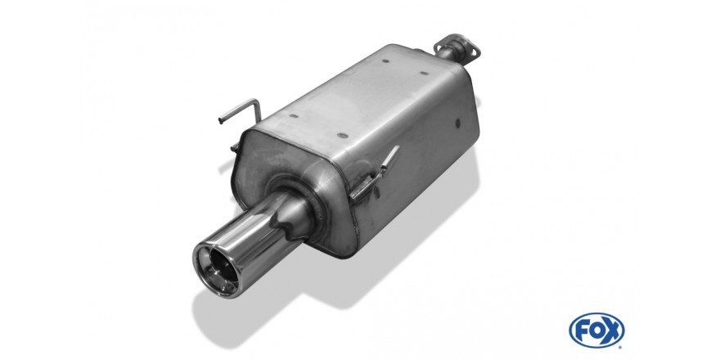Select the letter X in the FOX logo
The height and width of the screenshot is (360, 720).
(613, 330)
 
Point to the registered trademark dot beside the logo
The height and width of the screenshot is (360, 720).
(621, 347)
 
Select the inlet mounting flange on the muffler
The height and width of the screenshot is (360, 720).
(457, 46)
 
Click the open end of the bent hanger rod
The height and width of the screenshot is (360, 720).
(220, 122)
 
